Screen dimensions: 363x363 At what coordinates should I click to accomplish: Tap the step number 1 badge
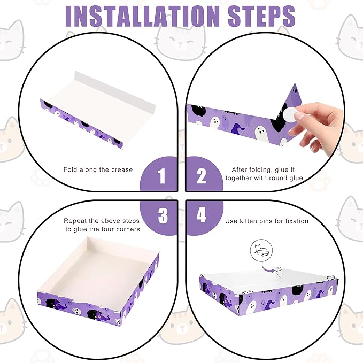(162, 176)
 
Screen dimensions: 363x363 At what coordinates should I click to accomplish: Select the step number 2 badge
(201, 176)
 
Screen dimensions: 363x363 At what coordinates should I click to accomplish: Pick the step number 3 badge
(162, 215)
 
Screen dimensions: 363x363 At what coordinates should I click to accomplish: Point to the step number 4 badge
(201, 215)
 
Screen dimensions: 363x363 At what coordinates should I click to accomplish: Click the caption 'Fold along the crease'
(98, 169)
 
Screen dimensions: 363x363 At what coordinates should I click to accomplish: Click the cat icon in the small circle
(261, 249)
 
